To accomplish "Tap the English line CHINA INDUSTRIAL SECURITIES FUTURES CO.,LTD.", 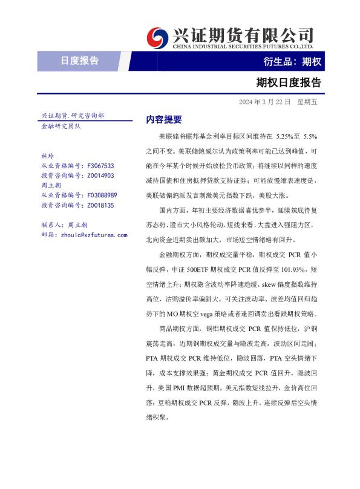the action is coord(243,46).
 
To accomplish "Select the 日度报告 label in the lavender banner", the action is coord(79,61).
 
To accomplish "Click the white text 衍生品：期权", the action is coord(292,61).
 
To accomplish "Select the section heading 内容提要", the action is coord(163,120).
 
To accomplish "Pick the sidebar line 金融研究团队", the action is coord(61,126).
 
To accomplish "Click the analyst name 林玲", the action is coord(47,156).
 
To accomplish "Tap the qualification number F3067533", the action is coord(101,165).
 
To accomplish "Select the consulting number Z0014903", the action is coord(101,176).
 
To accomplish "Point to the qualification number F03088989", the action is coord(102,195).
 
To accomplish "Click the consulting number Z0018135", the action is coord(101,205).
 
